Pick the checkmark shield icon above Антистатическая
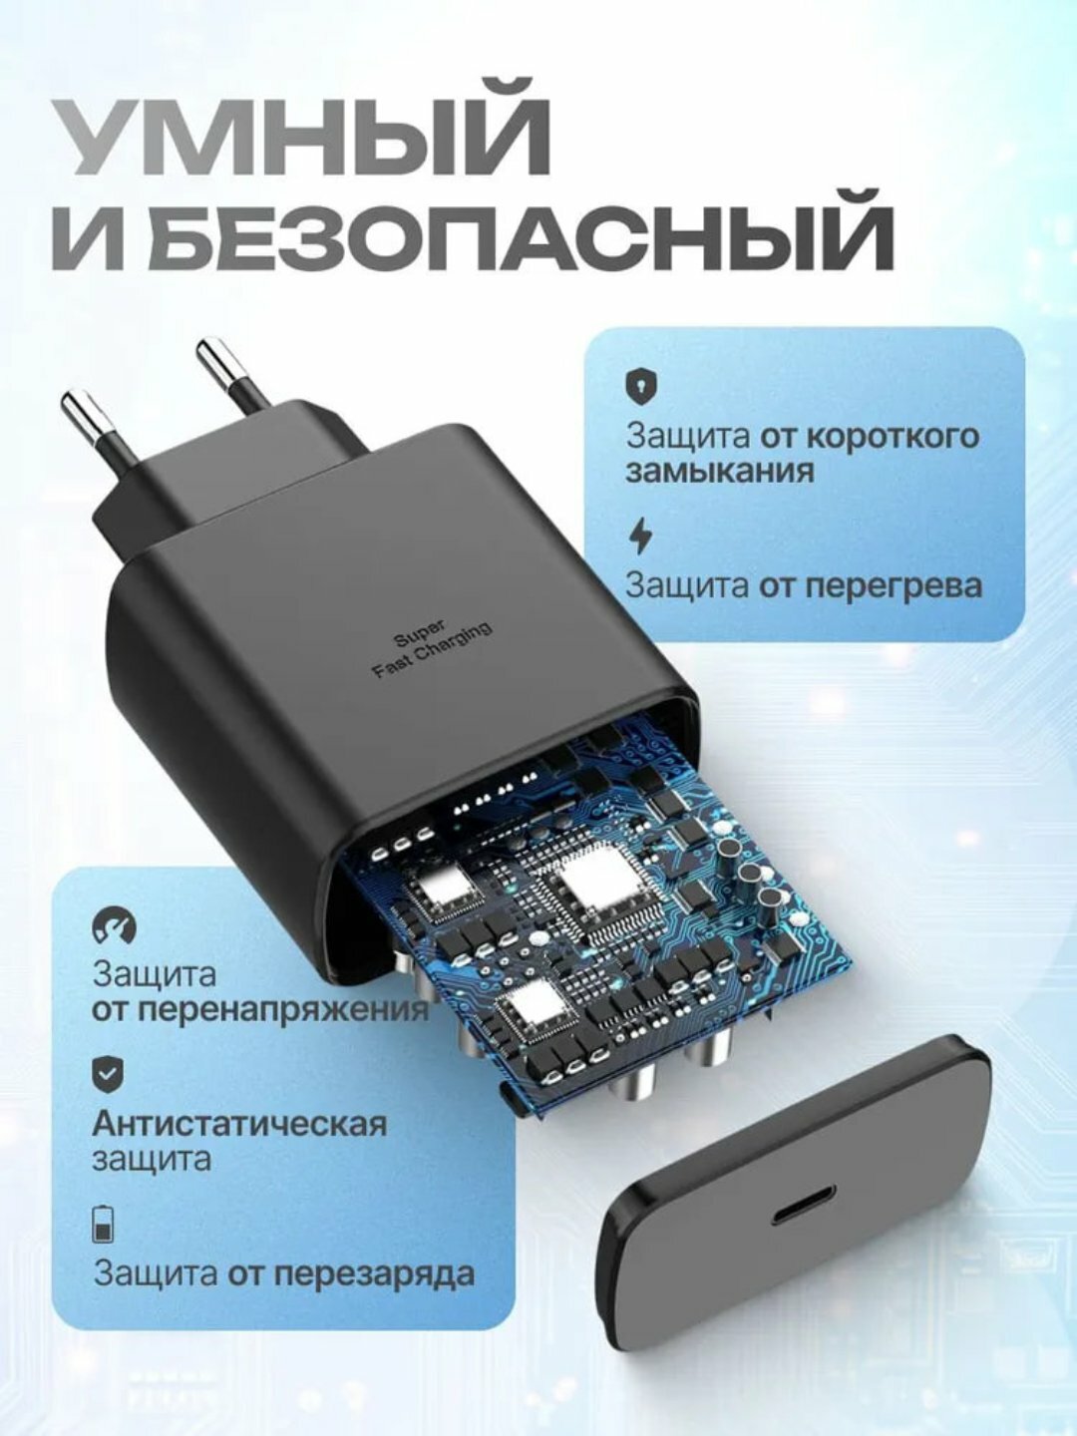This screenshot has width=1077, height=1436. [x=108, y=1073]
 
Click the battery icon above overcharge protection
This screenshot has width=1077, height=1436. [x=103, y=1223]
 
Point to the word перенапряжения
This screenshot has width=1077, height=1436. [x=260, y=1009]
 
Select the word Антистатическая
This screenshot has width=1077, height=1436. [x=239, y=1124]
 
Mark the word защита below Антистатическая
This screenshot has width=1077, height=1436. [x=152, y=1159]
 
